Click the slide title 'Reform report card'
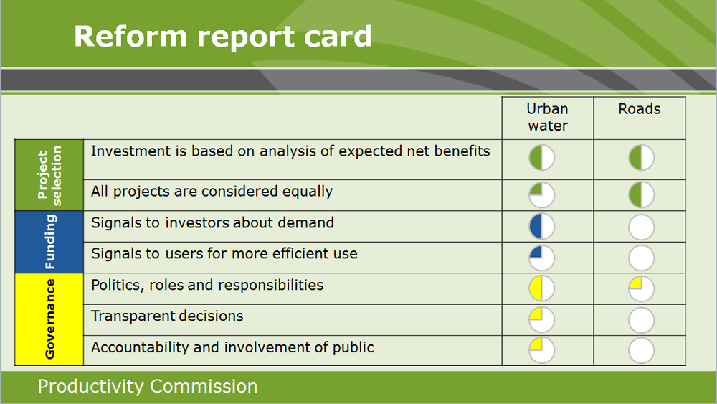point(222,36)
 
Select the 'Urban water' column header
point(547,118)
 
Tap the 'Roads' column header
point(640,109)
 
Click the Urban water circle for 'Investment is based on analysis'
point(542,158)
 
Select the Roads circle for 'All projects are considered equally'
point(641,194)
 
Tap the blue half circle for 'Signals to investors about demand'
point(542,226)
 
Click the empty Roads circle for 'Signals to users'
point(641,258)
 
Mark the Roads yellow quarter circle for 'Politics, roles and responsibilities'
point(641,288)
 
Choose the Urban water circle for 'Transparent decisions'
point(542,319)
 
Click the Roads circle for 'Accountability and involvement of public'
point(641,351)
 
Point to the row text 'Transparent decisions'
point(167,316)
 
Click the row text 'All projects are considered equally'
point(212,192)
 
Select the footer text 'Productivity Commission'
point(148,387)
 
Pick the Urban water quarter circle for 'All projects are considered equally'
point(542,194)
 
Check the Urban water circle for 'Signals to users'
point(542,258)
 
